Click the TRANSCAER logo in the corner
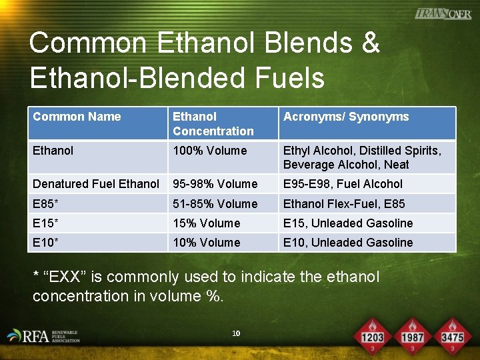442,13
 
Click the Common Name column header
77,117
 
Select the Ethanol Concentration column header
213,124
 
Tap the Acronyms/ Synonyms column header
346,117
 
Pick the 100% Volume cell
209,151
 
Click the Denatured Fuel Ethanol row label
96,183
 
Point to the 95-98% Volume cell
215,183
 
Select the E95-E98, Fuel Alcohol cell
343,183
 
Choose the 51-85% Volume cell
215,203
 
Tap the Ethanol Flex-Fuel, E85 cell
343,203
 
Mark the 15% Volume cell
206,223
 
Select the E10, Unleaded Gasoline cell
347,242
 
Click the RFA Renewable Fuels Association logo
43,335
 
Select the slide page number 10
236,333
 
